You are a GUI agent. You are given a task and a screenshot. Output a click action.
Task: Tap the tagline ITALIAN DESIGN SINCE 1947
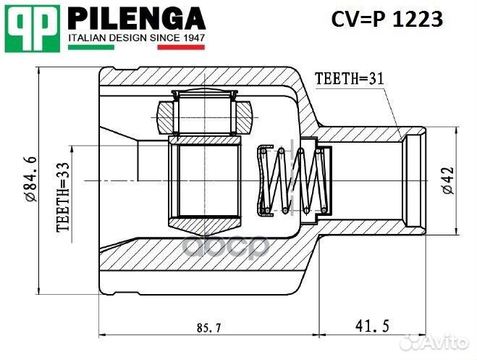(136, 36)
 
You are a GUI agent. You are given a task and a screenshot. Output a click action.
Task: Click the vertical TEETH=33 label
(63, 196)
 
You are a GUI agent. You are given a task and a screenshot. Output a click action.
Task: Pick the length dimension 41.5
(370, 326)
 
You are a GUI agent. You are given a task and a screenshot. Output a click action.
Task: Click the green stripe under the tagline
(90, 47)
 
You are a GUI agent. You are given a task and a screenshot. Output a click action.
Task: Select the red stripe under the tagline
(182, 47)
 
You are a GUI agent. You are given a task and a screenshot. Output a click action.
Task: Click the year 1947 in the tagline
(192, 36)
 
